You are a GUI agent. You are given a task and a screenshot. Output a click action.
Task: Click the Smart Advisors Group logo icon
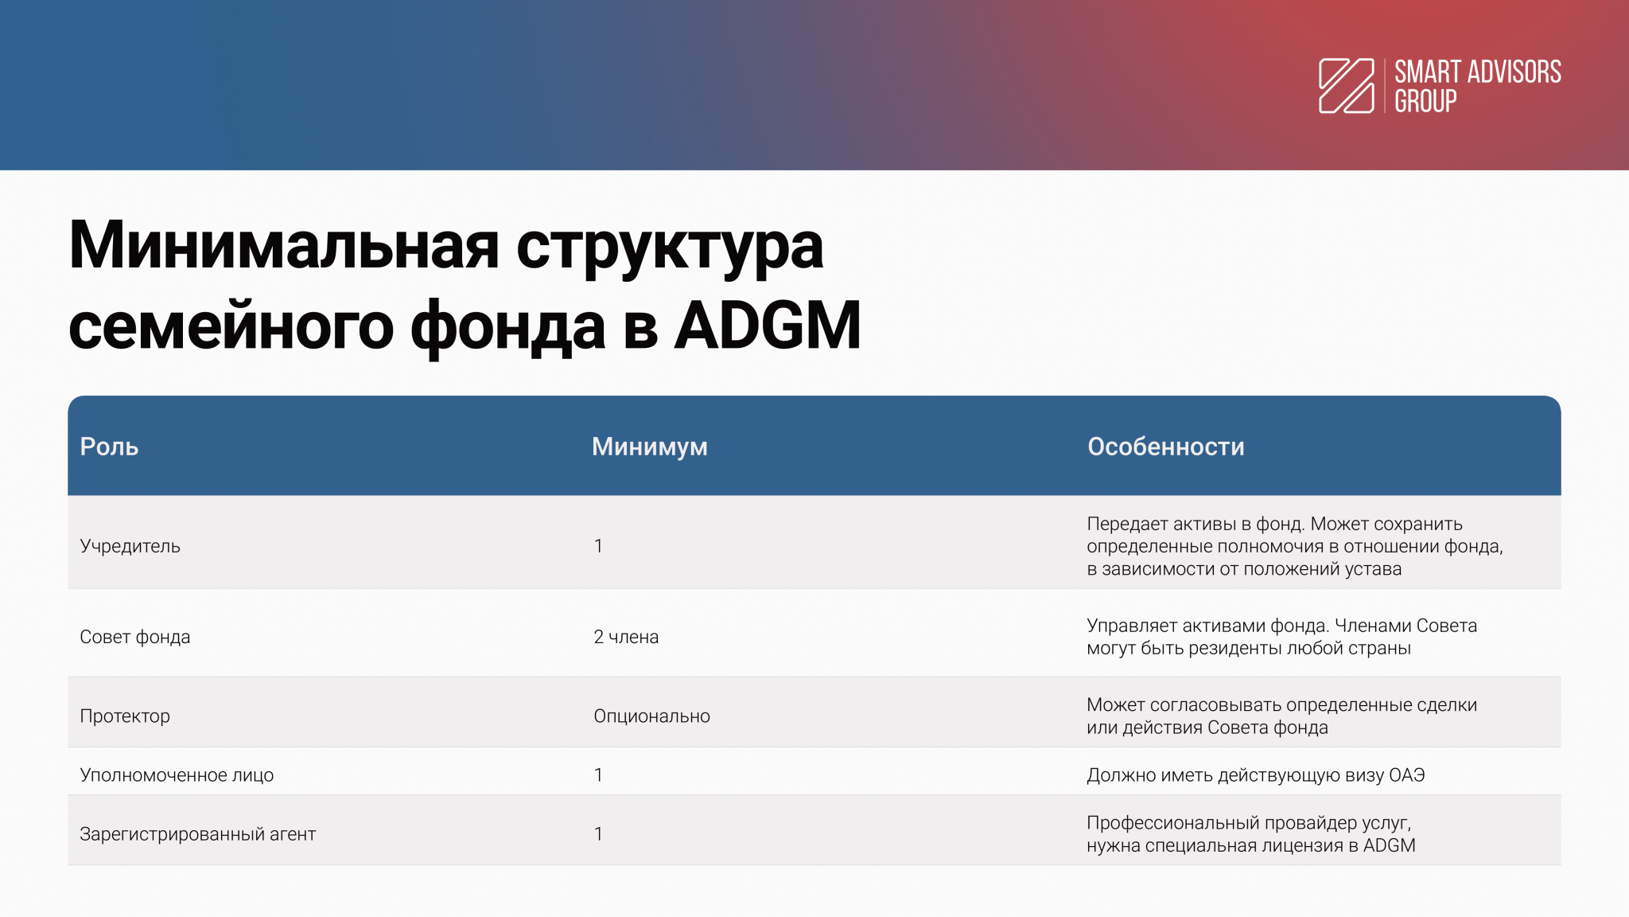click(1347, 86)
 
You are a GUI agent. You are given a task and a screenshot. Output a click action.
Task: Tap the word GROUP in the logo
click(1425, 101)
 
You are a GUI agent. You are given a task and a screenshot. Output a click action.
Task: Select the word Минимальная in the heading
click(284, 245)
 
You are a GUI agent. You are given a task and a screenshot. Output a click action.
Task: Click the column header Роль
click(109, 447)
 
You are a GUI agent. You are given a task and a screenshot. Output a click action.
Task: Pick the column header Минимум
click(650, 447)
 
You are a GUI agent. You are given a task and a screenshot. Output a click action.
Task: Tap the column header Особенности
click(1166, 447)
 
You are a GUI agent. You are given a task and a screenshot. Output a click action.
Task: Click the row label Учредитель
click(130, 546)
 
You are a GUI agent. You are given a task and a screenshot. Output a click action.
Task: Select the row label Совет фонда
click(135, 637)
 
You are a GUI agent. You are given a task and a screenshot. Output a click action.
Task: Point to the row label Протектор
click(125, 716)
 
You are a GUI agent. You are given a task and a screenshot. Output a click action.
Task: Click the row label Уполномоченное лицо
click(177, 775)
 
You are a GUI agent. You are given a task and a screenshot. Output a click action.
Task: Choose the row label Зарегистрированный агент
click(198, 834)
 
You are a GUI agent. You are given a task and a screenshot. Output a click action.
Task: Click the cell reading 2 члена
click(626, 637)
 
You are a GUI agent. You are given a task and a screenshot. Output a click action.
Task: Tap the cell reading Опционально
click(651, 716)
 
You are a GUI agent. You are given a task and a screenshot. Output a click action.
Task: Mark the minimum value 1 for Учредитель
click(598, 546)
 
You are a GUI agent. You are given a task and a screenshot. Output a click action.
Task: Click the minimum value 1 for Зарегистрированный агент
click(598, 834)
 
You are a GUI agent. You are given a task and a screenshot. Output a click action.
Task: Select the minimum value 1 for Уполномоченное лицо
click(598, 775)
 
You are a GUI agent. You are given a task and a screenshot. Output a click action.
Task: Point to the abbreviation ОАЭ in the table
click(1407, 775)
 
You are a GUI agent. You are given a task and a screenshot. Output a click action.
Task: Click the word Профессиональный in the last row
click(1173, 823)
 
